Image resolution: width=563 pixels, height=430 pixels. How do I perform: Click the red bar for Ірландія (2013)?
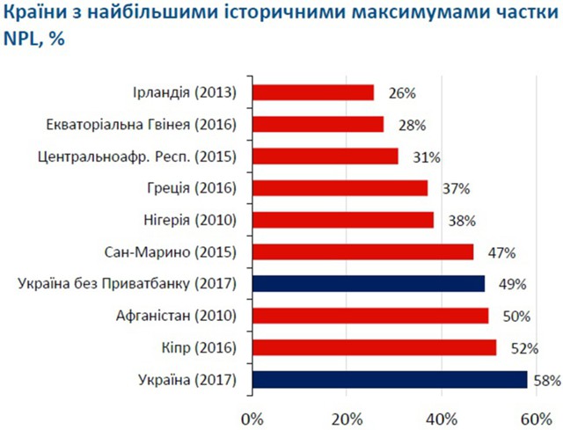click(x=312, y=92)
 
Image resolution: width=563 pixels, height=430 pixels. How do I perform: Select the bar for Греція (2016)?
click(x=340, y=188)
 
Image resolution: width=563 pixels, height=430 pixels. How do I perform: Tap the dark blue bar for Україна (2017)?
click(x=390, y=380)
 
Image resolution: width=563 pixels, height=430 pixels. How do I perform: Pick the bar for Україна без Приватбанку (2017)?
click(x=368, y=283)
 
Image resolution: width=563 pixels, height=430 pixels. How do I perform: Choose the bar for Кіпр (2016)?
click(x=374, y=347)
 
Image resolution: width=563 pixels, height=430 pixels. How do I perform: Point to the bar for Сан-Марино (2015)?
click(x=362, y=251)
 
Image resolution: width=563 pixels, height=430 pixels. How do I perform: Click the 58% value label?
click(x=548, y=381)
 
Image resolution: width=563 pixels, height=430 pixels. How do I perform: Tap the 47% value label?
click(x=501, y=252)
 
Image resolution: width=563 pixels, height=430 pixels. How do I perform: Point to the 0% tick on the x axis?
click(x=252, y=414)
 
